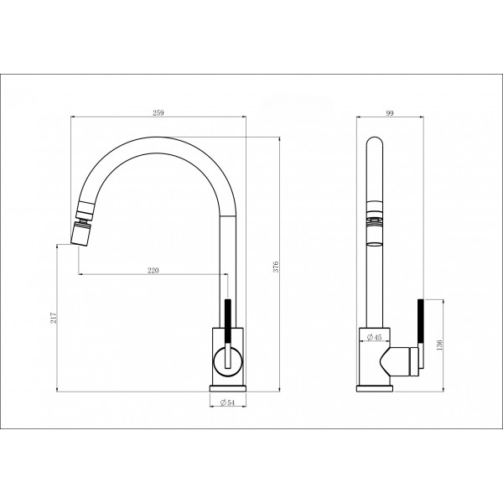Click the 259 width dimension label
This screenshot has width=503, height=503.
pos(158,112)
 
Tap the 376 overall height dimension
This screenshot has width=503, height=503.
pos(276,267)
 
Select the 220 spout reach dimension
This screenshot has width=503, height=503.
pos(153,271)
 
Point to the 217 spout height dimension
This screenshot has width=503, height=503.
pos(53,318)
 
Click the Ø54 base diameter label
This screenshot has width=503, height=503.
pos(228,402)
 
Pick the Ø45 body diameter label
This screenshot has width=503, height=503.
pos(374,337)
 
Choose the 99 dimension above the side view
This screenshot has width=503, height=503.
pos(390,112)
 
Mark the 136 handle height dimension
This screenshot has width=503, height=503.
pos(439,345)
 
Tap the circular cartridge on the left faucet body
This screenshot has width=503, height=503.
pos(228,361)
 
